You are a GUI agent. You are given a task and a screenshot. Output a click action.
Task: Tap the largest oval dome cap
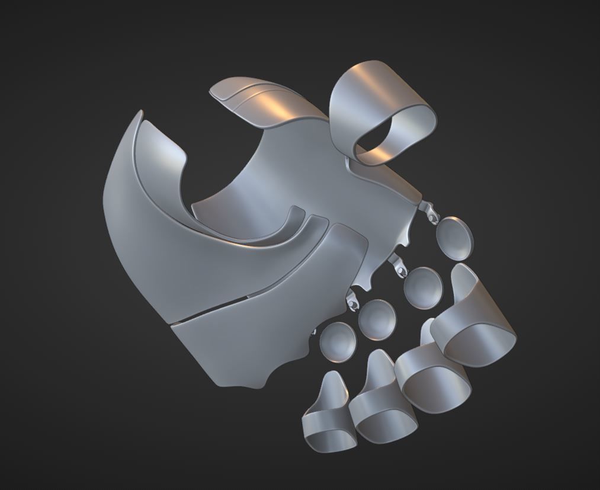[x=455, y=238]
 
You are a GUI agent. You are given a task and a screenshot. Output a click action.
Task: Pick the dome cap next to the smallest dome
[x=377, y=319]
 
